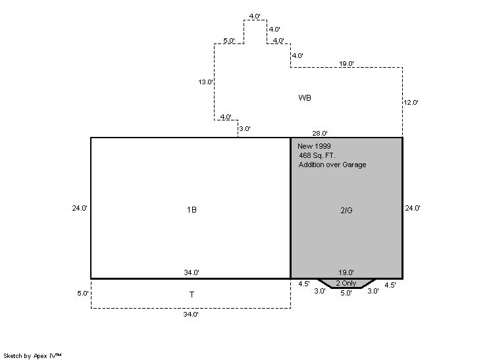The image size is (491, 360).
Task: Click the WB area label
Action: tap(304, 97)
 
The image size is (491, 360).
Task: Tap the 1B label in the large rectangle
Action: tap(192, 210)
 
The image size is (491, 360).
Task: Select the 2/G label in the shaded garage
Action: tap(346, 210)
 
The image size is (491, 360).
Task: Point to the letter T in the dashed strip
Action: tap(192, 295)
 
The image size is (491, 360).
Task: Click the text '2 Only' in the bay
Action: tap(346, 283)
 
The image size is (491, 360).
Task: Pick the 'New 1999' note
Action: tap(314, 145)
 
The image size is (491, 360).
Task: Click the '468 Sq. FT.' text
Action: tap(317, 155)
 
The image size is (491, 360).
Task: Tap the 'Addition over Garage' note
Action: tap(332, 165)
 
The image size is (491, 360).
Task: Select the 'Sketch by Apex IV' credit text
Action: tap(32, 355)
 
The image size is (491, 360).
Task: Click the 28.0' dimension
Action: tap(320, 134)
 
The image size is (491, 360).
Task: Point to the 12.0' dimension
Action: tap(411, 103)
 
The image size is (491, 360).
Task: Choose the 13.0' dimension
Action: tap(205, 82)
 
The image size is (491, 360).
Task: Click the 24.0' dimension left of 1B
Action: tap(80, 208)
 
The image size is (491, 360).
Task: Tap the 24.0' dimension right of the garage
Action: tap(412, 208)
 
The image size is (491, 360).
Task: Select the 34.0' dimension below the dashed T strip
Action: tap(192, 315)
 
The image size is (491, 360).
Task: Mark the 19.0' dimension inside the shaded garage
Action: tap(346, 272)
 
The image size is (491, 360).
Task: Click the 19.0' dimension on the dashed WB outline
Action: tap(347, 63)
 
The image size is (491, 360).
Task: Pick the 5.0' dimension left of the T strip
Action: tap(82, 294)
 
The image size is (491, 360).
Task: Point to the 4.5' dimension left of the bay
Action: tap(303, 285)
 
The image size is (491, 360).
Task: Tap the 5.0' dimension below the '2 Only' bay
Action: tap(346, 294)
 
